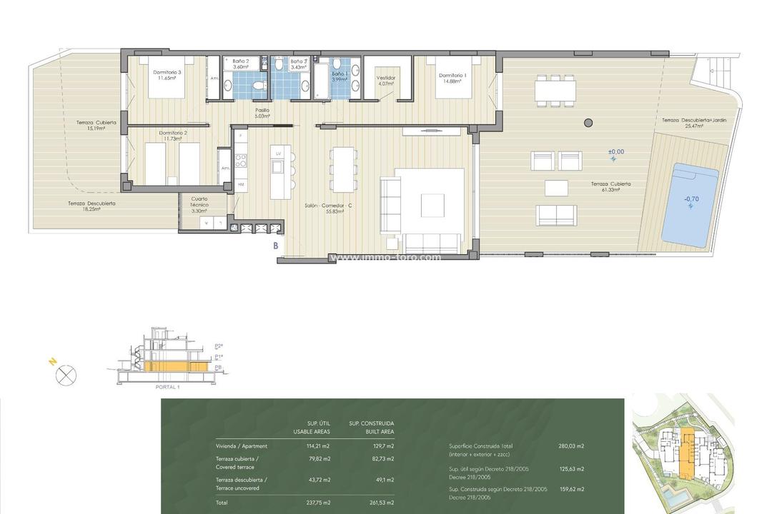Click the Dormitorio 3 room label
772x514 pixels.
pyautogui.click(x=167, y=75)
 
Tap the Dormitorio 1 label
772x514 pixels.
pyautogui.click(x=452, y=78)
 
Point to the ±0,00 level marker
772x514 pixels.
pyautogui.click(x=615, y=153)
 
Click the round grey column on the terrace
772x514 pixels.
pyautogui.click(x=588, y=123)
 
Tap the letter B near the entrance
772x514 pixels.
pyautogui.click(x=275, y=245)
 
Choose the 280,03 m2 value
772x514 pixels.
pyautogui.click(x=571, y=446)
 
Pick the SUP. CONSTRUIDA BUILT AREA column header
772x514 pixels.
pyautogui.click(x=371, y=428)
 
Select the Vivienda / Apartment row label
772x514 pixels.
pyautogui.click(x=238, y=446)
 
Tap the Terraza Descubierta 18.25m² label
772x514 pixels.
pyautogui.click(x=92, y=206)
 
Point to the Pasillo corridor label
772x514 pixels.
pyautogui.click(x=262, y=113)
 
